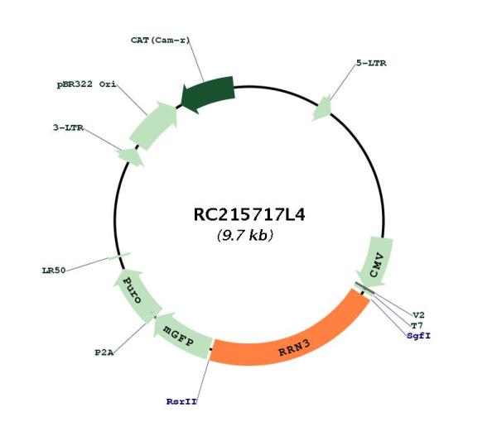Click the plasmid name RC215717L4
tap(249, 215)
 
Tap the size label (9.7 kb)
tap(245, 235)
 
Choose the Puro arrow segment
tap(135, 294)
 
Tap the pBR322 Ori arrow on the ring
tap(153, 125)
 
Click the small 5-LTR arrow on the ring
tap(322, 108)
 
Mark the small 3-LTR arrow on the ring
tap(131, 156)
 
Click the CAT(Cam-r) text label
tap(160, 41)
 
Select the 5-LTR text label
tap(371, 63)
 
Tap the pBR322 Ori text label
tap(86, 84)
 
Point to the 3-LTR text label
tap(68, 128)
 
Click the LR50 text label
tap(54, 271)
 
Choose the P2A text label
tap(104, 352)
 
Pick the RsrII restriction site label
tap(181, 401)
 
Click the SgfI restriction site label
tap(419, 336)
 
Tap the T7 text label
tap(417, 325)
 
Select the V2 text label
tap(418, 315)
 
